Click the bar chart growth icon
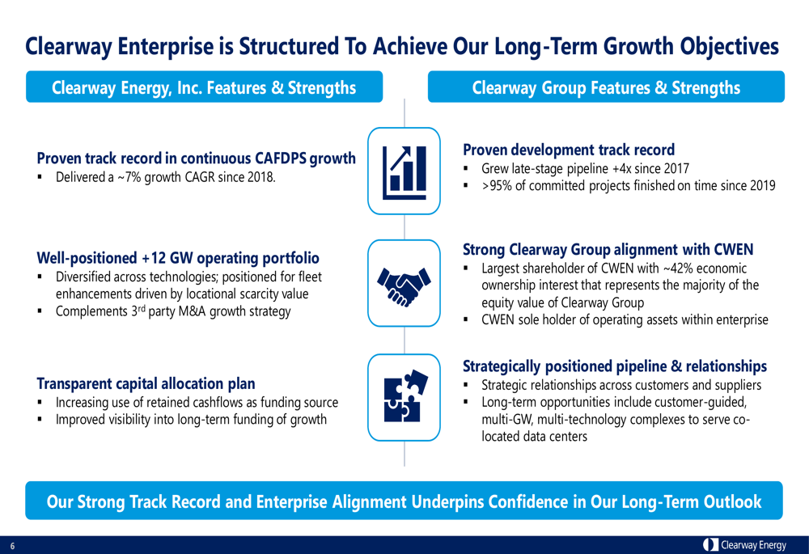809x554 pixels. pos(404,171)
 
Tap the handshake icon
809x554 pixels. pos(404,285)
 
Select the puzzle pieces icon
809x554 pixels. pos(405,395)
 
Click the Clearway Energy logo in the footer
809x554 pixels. pos(744,545)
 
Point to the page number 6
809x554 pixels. pos(12,546)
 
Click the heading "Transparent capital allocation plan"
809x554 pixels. pos(146,384)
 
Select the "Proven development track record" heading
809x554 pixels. pos(569,150)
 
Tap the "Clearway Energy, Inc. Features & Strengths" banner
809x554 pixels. pos(205,87)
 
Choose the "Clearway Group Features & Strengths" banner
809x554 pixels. pos(606,87)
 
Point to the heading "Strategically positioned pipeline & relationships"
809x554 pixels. pos(615,366)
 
